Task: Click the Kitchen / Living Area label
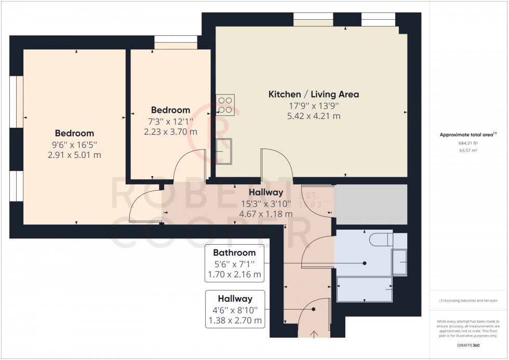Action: coord(313,95)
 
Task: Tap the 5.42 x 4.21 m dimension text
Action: coord(313,116)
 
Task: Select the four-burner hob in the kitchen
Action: coord(225,104)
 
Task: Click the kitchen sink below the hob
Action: coord(224,151)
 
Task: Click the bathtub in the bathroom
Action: coord(365,289)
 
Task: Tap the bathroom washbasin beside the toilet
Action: coord(399,262)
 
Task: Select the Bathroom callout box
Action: coord(235,263)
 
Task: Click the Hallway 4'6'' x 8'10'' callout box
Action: coord(235,310)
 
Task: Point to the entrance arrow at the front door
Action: coord(314,333)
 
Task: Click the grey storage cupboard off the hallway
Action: coord(370,204)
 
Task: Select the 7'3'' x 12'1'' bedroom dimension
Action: coord(170,121)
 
